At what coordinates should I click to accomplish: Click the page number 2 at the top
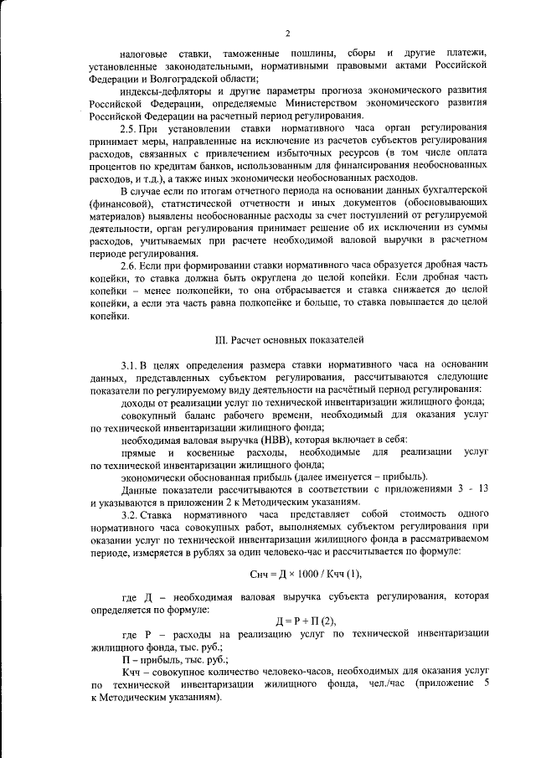tap(287, 33)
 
